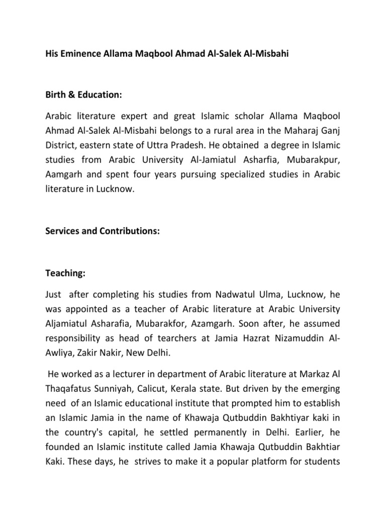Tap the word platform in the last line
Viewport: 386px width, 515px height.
pyautogui.click(x=269, y=462)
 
